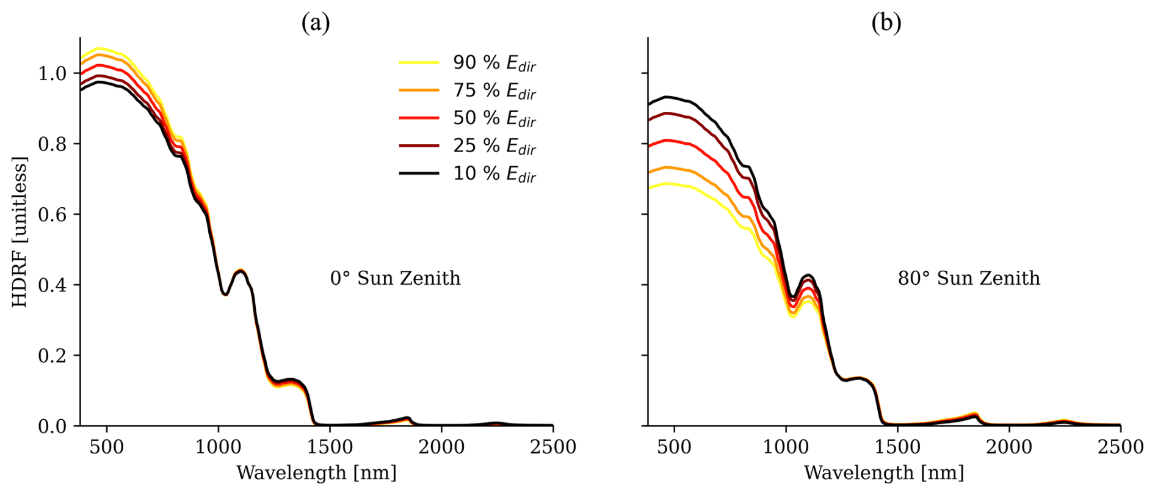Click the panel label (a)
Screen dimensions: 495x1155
pos(316,23)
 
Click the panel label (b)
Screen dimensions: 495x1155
pos(886,23)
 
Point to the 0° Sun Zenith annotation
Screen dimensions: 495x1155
pos(395,279)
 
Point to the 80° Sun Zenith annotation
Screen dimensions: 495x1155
pos(969,279)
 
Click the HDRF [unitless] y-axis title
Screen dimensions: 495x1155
pos(20,232)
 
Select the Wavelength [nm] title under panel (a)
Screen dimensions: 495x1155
pos(316,472)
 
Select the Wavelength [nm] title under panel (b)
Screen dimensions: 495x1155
pos(884,472)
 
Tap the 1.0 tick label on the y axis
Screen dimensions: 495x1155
pos(52,73)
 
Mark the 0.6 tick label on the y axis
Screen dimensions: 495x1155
pos(52,215)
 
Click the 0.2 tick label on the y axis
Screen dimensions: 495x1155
pos(52,356)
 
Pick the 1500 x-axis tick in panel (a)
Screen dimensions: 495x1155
pos(330,447)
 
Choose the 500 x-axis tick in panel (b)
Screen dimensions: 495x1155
pos(674,447)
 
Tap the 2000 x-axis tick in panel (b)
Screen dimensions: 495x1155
pos(1009,447)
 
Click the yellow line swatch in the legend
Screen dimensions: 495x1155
pos(419,62)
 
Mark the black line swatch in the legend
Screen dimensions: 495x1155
pos(419,174)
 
